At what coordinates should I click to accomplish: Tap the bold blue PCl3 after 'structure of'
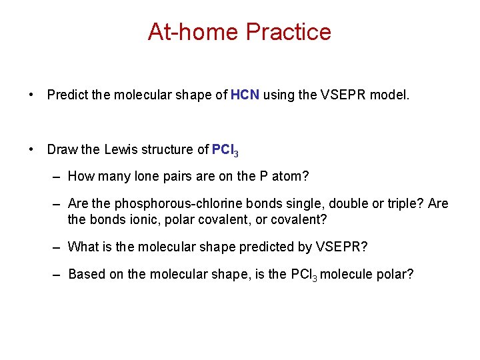pyautogui.click(x=225, y=150)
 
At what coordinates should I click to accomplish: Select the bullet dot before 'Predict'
pyautogui.click(x=32, y=95)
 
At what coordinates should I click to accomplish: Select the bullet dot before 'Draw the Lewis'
pyautogui.click(x=32, y=149)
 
